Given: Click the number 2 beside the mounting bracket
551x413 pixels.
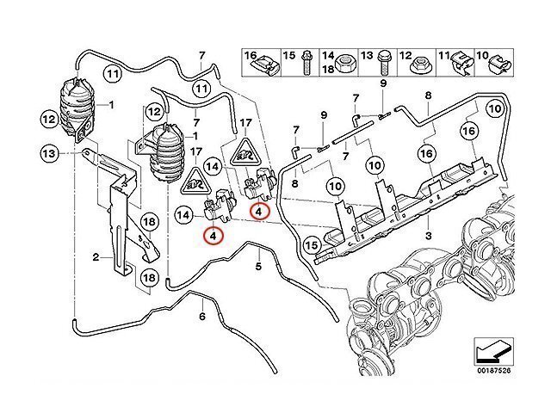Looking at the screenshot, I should tap(96, 257).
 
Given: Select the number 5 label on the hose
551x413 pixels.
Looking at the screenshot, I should tap(257, 267).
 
